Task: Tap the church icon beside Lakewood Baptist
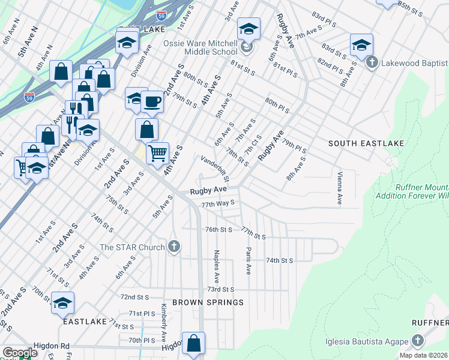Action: coord(372,62)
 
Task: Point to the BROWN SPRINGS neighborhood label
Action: coord(208,302)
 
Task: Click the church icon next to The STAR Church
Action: coord(174,247)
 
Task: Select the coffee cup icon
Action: coord(153,101)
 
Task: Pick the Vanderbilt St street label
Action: coord(215,169)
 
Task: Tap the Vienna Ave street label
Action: coord(339,187)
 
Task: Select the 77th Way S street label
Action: coord(217,204)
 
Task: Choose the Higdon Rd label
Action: coord(53,346)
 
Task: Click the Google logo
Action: coord(20,353)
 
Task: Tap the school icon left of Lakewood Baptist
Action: coord(362,45)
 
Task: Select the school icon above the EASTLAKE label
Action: coord(62,304)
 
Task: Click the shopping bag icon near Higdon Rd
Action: coord(193,344)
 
